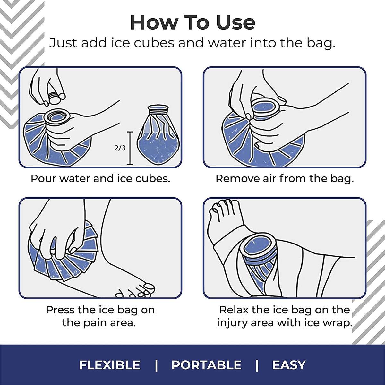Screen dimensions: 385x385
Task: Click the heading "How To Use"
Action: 193,22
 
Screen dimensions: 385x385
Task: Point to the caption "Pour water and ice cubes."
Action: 100,178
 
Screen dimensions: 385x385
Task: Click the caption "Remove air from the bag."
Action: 284,178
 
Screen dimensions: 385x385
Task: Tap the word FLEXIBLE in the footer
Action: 110,365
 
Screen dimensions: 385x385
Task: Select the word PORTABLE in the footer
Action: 206,365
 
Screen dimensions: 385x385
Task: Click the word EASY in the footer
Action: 289,365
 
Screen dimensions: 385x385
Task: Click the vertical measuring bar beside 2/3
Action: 130,148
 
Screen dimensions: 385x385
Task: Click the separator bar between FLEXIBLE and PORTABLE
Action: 156,365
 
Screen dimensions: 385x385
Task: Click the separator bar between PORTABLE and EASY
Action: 257,365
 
